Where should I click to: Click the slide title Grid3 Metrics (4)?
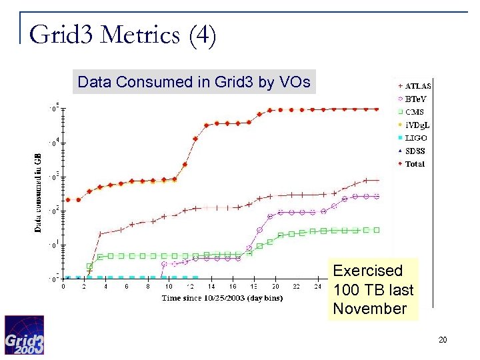(123, 35)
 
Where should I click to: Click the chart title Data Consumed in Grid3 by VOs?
(194, 82)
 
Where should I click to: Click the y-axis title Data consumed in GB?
(38, 191)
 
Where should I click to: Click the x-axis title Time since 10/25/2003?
(222, 298)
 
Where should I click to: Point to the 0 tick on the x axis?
(63, 287)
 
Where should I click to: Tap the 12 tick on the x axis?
(191, 287)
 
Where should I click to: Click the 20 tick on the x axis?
(275, 287)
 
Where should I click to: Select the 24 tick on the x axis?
(317, 287)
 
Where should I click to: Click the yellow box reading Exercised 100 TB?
(373, 289)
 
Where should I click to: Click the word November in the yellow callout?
(369, 309)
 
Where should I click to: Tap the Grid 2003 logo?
(24, 335)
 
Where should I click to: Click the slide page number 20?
(443, 341)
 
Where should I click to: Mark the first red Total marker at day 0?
(67, 199)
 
